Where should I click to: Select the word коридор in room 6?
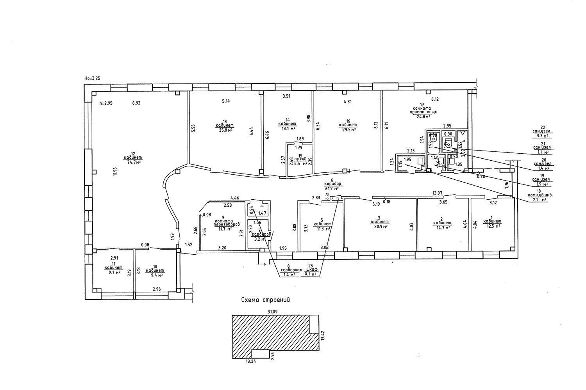pyautogui.click(x=333, y=183)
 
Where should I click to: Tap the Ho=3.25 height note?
pyautogui.click(x=92, y=78)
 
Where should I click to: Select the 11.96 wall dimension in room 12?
pyautogui.click(x=114, y=172)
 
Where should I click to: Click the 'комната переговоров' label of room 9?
pyautogui.click(x=223, y=223)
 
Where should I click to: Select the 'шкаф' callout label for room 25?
pyautogui.click(x=311, y=270)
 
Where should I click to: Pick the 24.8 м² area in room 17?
pyautogui.click(x=423, y=116)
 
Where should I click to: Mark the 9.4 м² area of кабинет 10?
pyautogui.click(x=155, y=275)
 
